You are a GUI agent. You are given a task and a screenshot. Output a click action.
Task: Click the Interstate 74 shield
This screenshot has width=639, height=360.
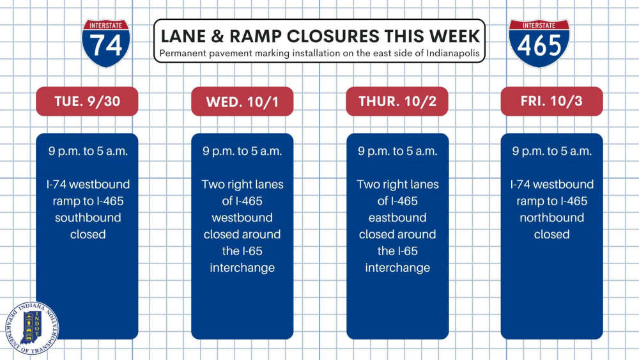pos(106,43)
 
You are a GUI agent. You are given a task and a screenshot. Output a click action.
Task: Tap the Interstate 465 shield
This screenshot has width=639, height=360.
pos(539,43)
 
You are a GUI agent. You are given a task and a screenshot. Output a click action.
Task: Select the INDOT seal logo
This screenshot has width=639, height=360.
pos(32,328)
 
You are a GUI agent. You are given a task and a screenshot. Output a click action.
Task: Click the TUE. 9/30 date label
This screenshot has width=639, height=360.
pos(87,101)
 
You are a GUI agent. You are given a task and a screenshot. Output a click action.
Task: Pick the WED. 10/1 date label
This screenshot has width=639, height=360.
pos(242,101)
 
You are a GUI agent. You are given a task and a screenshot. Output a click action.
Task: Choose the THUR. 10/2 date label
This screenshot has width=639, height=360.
pos(397,101)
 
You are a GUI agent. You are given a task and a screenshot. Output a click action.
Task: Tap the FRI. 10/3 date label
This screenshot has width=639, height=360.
pos(552,101)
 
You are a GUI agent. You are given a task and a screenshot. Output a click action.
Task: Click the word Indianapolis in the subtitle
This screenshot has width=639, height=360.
pos(453,54)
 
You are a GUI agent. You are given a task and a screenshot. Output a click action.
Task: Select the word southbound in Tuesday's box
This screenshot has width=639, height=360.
pos(88,217)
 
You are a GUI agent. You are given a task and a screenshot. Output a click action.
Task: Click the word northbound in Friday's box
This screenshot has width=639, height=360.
pos(552,217)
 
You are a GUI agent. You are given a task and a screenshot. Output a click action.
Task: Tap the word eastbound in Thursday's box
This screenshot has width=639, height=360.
pos(397,217)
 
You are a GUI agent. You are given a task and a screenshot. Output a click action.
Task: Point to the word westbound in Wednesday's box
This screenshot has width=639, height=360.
pos(242,217)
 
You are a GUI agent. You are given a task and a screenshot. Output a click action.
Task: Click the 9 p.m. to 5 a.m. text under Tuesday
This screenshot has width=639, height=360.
pos(88,152)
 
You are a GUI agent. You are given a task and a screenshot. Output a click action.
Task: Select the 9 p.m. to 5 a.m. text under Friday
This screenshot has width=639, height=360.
pos(552,152)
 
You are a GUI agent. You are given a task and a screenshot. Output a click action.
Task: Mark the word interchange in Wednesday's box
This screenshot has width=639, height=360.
pos(242,267)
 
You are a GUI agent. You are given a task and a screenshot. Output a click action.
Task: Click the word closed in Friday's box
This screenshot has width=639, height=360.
pos(552,234)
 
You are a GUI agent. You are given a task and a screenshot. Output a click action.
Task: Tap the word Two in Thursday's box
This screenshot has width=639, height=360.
pos(368,184)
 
